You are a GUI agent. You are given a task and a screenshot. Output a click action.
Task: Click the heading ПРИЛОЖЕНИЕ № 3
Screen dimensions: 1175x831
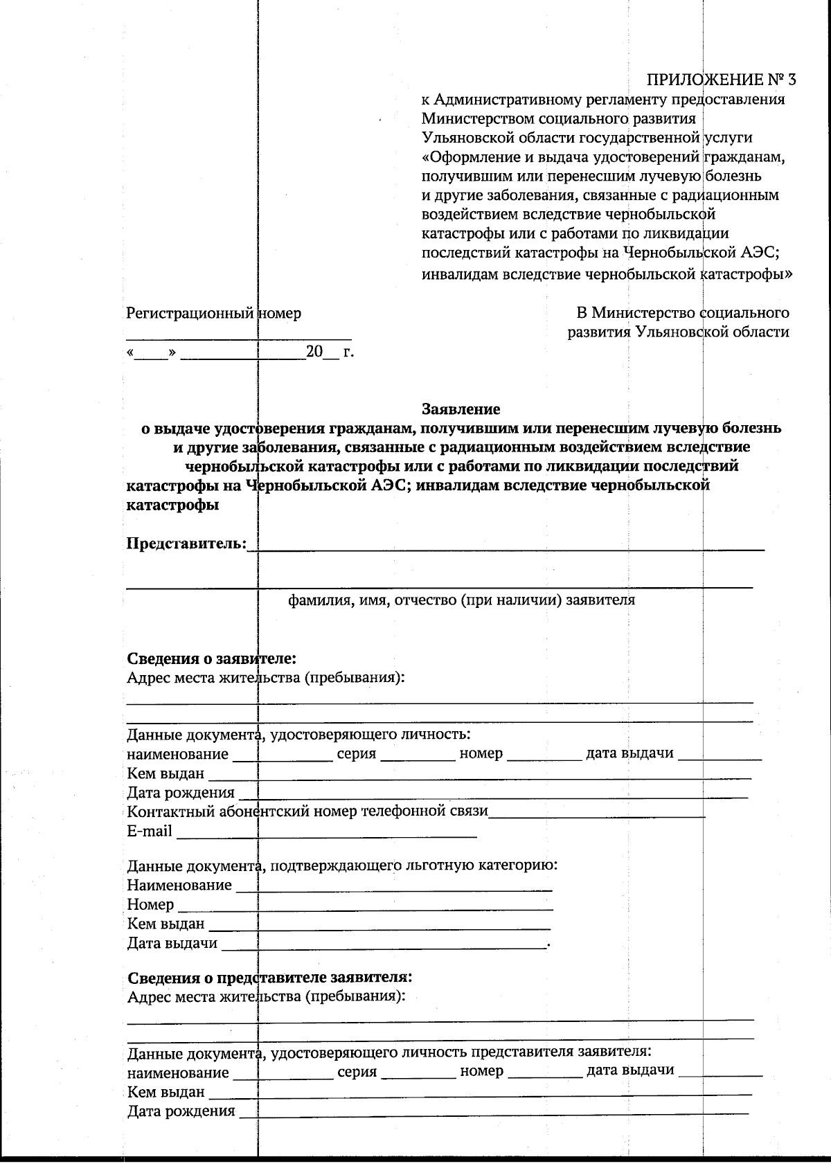[x=721, y=79]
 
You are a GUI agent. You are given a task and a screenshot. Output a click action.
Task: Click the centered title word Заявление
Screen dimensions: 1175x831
[x=461, y=409]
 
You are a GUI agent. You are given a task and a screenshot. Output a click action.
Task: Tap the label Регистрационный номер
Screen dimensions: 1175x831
[x=213, y=314]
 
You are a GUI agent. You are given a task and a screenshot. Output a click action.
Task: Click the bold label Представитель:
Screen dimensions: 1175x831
[x=186, y=544]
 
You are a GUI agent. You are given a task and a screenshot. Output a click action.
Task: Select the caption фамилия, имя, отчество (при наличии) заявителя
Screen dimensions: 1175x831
[x=461, y=600]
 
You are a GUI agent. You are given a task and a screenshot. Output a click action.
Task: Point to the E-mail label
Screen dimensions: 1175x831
[x=149, y=831]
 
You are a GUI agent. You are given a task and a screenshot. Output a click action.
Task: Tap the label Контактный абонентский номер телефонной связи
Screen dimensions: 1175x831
[x=307, y=811]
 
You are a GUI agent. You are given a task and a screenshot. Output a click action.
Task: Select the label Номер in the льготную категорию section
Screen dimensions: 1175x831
[x=150, y=904]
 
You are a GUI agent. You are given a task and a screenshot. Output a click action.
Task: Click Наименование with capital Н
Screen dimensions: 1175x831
[x=179, y=885]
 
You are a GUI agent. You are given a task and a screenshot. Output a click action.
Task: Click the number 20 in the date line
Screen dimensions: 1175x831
[x=314, y=352]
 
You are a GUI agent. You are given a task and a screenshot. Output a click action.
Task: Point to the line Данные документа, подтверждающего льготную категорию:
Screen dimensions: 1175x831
[x=342, y=865]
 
